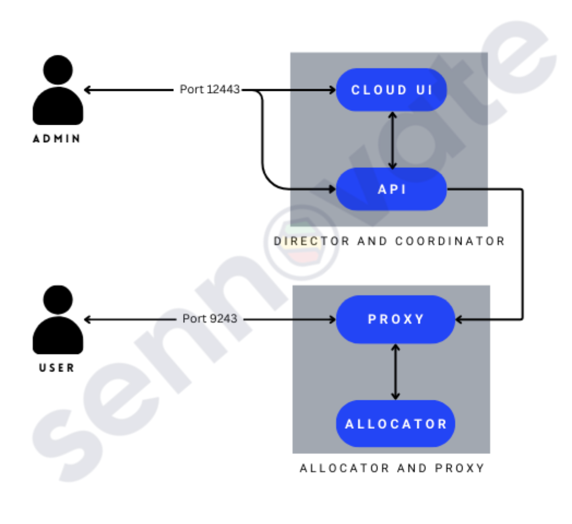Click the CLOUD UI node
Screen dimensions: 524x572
pyautogui.click(x=392, y=90)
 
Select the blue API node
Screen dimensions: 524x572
pyautogui.click(x=392, y=189)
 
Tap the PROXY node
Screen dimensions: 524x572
pyautogui.click(x=395, y=319)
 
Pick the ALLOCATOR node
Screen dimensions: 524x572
pyautogui.click(x=395, y=423)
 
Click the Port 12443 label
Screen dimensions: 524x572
pyautogui.click(x=209, y=89)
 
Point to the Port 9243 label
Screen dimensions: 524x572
pyautogui.click(x=209, y=318)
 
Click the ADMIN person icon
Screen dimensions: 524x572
pyautogui.click(x=57, y=90)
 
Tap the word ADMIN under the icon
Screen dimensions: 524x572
pyautogui.click(x=57, y=139)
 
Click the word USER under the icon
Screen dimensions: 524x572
pyautogui.click(x=57, y=368)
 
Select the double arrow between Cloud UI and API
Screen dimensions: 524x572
pyautogui.click(x=392, y=139)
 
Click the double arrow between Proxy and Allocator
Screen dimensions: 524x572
pyautogui.click(x=395, y=371)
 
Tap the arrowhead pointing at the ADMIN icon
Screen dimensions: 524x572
pyautogui.click(x=87, y=90)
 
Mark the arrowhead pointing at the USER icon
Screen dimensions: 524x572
pyautogui.click(x=87, y=319)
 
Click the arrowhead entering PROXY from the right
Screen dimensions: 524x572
pyautogui.click(x=460, y=319)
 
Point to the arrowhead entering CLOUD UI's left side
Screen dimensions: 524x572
pyautogui.click(x=331, y=90)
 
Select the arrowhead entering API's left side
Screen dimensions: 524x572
pyautogui.click(x=331, y=189)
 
